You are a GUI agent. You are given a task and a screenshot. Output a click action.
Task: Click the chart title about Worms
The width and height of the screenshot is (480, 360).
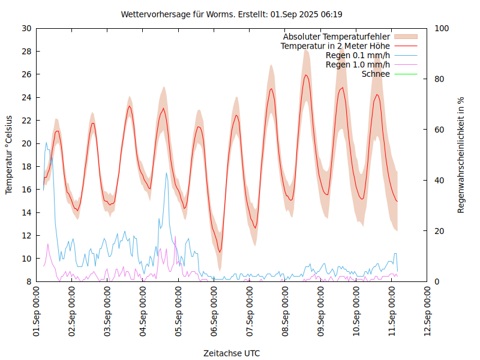pos(232,14)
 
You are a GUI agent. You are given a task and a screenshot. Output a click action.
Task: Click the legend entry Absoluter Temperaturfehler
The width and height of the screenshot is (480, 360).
pos(336,37)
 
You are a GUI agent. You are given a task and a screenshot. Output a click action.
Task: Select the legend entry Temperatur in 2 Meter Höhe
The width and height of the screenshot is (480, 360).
pos(335,46)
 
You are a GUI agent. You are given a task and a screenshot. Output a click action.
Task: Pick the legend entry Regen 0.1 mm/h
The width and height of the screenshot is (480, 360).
pos(358,55)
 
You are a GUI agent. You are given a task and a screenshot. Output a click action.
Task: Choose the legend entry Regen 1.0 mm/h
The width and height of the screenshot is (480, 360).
pos(358,64)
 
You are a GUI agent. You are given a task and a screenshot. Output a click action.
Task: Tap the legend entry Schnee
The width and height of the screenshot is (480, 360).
pos(376,74)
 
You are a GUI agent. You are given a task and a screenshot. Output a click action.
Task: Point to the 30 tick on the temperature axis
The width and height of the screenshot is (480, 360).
pos(26,28)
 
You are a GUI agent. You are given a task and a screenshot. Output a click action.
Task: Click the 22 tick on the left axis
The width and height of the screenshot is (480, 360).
pos(26,121)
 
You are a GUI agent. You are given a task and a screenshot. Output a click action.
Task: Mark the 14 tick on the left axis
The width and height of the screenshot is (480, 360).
pos(26,212)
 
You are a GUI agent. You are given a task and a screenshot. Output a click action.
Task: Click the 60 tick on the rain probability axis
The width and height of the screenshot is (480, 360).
pos(439,130)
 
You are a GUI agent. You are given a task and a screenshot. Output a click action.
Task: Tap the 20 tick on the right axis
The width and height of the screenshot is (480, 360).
pos(439,231)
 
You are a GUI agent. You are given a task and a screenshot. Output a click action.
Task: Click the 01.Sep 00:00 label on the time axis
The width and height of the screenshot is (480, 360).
pos(37,311)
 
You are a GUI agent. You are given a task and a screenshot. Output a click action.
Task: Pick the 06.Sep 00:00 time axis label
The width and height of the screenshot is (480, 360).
pos(214,311)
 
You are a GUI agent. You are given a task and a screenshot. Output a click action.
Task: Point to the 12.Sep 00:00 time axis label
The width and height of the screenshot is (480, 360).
pos(427,311)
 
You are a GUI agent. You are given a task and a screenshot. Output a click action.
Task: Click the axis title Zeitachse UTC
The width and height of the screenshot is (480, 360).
pos(232,353)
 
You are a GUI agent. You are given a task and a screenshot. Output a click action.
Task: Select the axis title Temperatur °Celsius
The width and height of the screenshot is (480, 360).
pos(9,155)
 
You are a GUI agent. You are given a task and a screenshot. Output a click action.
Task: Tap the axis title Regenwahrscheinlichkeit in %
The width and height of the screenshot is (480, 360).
pos(461,155)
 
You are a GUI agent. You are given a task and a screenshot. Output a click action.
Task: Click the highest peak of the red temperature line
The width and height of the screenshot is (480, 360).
pos(306,75)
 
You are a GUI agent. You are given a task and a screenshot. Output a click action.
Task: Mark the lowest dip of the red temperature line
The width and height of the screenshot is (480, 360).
pos(220,251)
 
